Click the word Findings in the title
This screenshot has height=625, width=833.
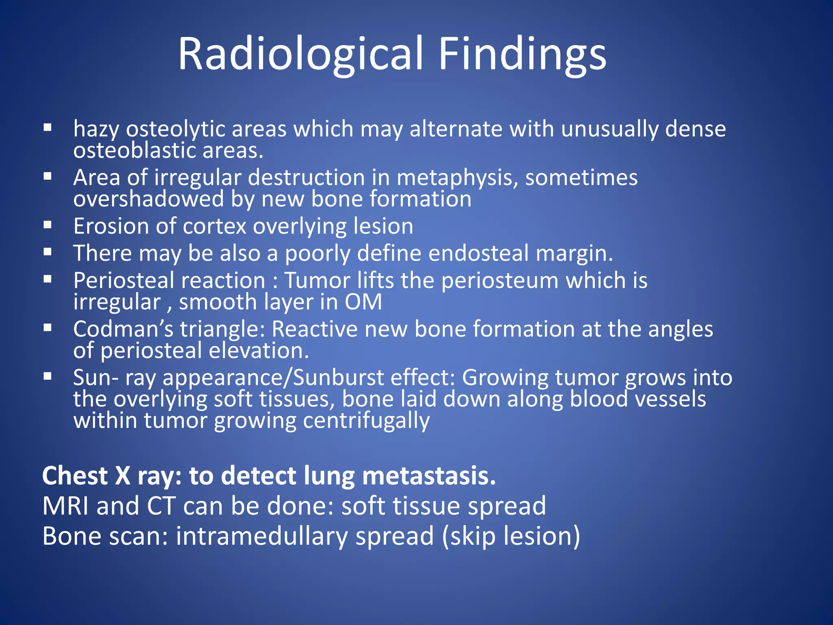522,54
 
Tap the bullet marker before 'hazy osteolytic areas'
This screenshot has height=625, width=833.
48,128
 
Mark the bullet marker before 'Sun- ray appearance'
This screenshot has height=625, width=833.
48,376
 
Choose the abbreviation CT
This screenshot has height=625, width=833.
161,506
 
